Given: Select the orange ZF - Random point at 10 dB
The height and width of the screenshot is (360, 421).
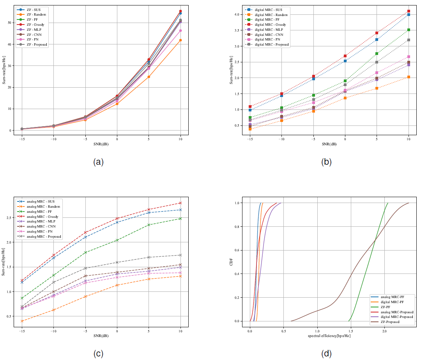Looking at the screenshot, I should [x=180, y=40].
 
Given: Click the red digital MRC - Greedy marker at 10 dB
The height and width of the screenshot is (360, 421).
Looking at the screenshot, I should [x=409, y=11].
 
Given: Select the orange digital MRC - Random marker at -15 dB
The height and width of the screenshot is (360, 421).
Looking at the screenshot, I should [x=250, y=129].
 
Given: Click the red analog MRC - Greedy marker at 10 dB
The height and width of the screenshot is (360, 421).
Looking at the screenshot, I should [x=180, y=203].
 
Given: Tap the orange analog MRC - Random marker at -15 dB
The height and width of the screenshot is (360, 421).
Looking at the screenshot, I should [x=22, y=321].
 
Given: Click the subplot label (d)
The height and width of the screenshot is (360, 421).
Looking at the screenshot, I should [x=326, y=353].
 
